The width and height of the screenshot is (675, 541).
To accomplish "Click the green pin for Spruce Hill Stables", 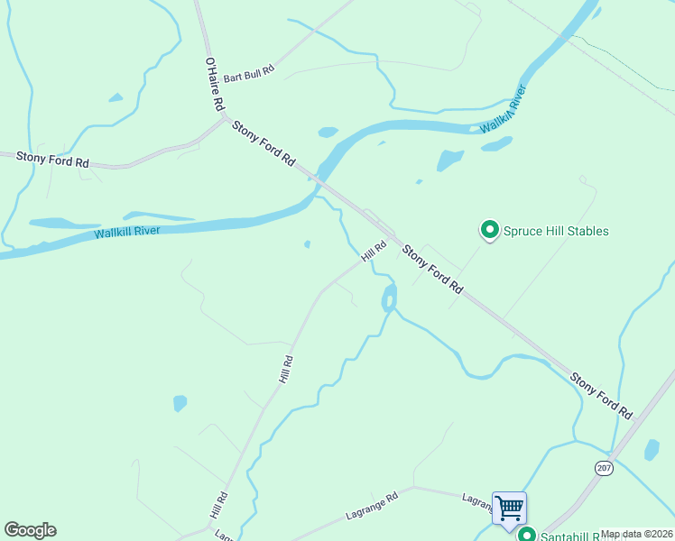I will pyautogui.click(x=489, y=231).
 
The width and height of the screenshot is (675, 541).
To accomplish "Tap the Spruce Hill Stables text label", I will pyautogui.click(x=555, y=232).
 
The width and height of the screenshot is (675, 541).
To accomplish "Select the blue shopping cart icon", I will pyautogui.click(x=509, y=507).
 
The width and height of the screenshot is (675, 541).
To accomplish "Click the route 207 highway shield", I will pyautogui.click(x=604, y=467).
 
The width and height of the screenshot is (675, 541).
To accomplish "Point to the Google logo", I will pyautogui.click(x=30, y=529).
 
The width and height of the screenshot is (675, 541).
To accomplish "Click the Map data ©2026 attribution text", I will pyautogui.click(x=635, y=534).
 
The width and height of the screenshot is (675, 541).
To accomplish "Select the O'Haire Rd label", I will pyautogui.click(x=213, y=85).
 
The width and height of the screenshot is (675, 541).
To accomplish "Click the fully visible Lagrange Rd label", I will pyautogui.click(x=372, y=508).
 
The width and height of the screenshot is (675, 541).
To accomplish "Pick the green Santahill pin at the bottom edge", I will pyautogui.click(x=526, y=535).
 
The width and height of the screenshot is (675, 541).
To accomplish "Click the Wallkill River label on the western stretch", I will pyautogui.click(x=126, y=233).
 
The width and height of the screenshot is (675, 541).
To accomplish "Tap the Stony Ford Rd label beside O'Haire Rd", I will pyautogui.click(x=264, y=142).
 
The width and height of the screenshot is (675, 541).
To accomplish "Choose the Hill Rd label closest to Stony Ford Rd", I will pyautogui.click(x=374, y=252).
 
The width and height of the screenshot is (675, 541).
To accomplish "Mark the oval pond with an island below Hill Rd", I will pyautogui.click(x=389, y=298).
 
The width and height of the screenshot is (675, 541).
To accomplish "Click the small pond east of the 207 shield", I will pyautogui.click(x=652, y=449).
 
